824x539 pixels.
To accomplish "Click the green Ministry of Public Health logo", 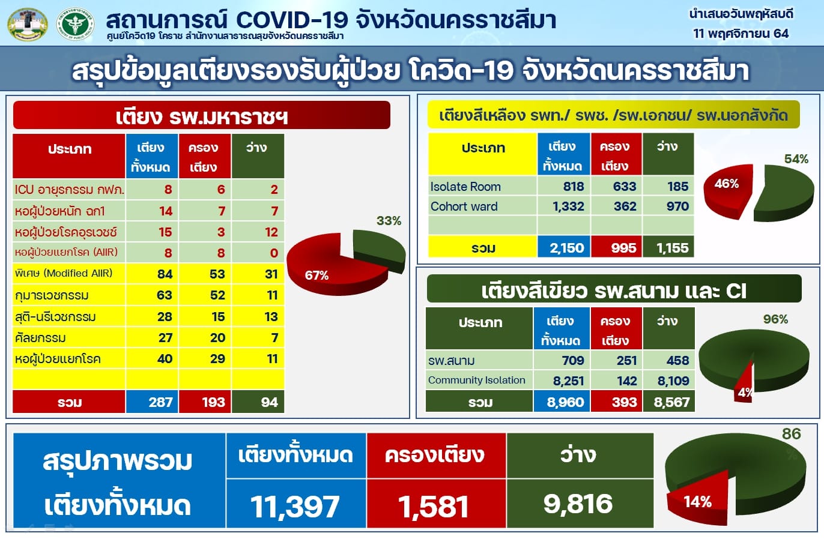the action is [x=76, y=24].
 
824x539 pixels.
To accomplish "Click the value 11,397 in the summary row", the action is [x=295, y=507].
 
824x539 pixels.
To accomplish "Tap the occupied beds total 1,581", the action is [x=434, y=507].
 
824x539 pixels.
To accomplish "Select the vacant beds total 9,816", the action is [x=578, y=504].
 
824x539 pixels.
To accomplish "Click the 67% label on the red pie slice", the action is [x=317, y=276].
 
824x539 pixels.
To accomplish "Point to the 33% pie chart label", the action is [x=389, y=221].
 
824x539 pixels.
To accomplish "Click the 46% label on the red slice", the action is [x=727, y=184].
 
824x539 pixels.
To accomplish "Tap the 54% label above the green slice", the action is [x=796, y=159].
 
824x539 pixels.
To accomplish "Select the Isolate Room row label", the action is [x=465, y=187].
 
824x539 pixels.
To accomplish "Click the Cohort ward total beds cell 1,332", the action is [x=568, y=206].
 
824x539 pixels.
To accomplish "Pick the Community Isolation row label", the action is [x=476, y=380].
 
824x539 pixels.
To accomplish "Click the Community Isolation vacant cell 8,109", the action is [x=673, y=381].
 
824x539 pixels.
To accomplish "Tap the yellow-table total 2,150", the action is [x=567, y=248].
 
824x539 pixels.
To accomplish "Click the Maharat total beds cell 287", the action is [x=161, y=402].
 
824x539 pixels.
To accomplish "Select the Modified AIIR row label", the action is [x=64, y=273].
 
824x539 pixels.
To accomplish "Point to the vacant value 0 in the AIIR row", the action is [x=274, y=253].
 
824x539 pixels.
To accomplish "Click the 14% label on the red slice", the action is [x=697, y=502].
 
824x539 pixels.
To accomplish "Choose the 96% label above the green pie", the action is [x=775, y=319].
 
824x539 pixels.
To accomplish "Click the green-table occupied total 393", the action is [x=624, y=402].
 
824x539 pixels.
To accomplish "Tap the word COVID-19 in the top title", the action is [x=292, y=20].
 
